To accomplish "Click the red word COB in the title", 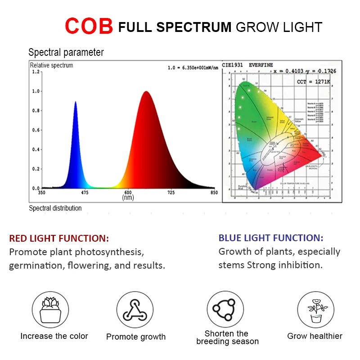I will click(x=89, y=26).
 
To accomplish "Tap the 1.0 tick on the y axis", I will click(x=36, y=91).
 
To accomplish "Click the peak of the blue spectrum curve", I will click(x=75, y=102).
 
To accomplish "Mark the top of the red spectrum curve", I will click(x=146, y=92).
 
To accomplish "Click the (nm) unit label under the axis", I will click(x=128, y=198).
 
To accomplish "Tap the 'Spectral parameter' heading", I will click(x=66, y=52).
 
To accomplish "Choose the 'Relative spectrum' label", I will click(x=51, y=65).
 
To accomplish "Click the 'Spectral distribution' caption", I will click(x=55, y=208).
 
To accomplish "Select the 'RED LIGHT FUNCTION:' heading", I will click(x=59, y=238).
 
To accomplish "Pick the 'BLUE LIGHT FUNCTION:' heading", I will click(x=271, y=238).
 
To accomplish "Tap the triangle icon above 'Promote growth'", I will click(x=135, y=310).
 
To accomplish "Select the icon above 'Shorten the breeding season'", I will click(x=225, y=309).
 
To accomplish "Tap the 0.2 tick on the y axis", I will click(x=36, y=169).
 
